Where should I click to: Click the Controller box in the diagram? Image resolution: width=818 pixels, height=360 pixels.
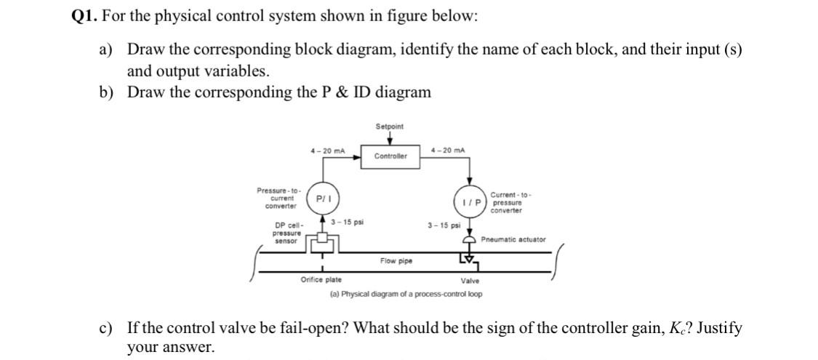(x=390, y=156)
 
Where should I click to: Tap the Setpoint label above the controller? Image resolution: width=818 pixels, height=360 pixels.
(x=390, y=127)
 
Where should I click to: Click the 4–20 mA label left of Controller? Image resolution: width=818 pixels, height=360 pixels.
(x=326, y=151)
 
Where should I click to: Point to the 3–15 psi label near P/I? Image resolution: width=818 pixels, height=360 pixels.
(x=347, y=221)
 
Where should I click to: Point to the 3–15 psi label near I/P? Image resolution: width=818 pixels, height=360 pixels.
(x=444, y=225)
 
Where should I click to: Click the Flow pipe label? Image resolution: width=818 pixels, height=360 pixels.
(x=396, y=260)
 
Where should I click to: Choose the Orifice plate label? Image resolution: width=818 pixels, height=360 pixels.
(x=321, y=280)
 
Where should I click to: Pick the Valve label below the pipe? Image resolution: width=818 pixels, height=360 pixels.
(x=470, y=281)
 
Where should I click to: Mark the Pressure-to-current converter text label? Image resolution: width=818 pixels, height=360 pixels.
(x=276, y=198)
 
